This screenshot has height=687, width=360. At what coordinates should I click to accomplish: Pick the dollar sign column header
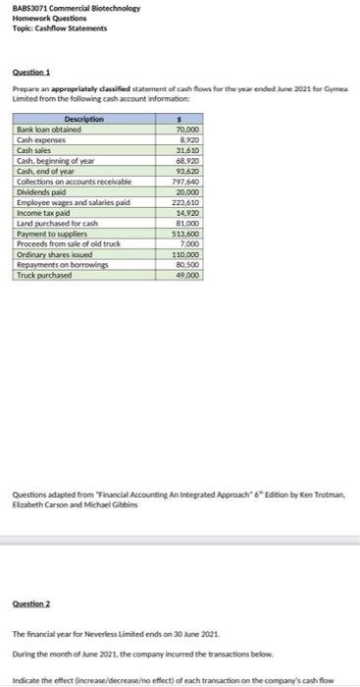pos(179,119)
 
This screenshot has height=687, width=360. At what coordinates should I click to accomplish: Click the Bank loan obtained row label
pos(49,129)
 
